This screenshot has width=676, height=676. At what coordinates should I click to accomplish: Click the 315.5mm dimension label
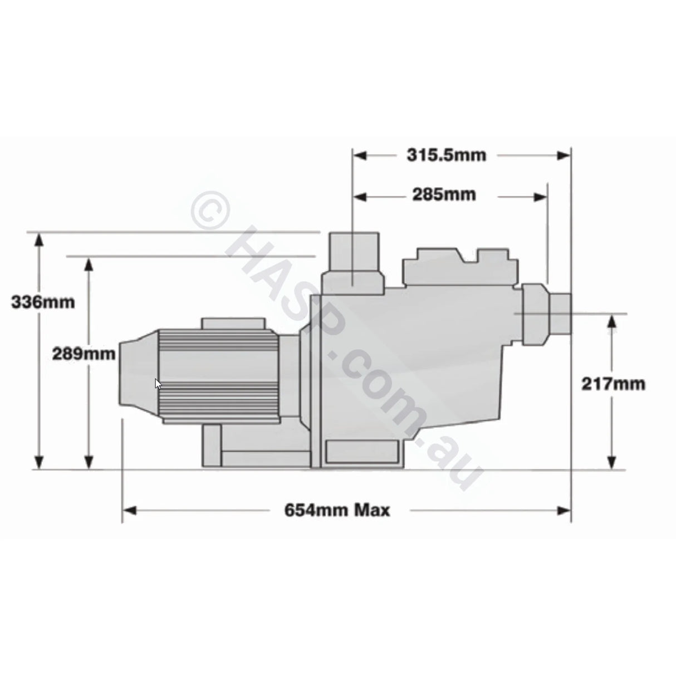point(446,155)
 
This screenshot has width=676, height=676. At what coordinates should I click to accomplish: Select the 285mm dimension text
point(444,194)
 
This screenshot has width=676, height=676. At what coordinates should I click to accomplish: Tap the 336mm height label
point(43,302)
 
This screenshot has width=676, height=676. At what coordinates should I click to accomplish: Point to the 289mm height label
point(84,353)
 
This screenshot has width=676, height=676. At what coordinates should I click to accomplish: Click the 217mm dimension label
point(613,384)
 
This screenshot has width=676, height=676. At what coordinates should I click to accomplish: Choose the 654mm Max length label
point(337,510)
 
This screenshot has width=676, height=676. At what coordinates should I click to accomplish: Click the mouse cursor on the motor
point(158,383)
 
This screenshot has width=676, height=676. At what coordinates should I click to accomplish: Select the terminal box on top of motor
point(233,324)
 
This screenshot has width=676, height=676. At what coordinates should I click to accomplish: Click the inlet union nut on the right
point(536,315)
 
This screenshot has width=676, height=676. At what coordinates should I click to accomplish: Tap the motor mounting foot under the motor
point(212,445)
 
